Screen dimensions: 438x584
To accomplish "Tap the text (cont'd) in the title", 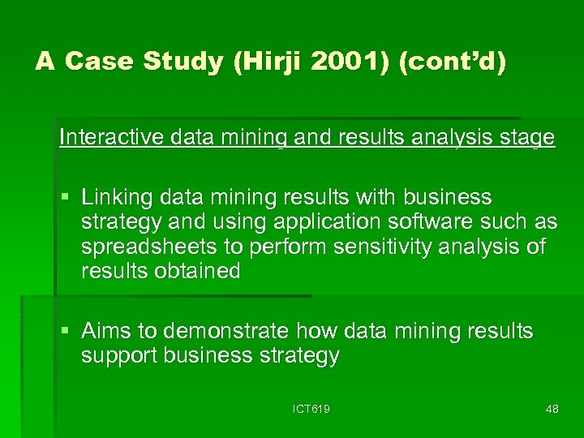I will [453, 62].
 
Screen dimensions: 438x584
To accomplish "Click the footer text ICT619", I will [311, 410].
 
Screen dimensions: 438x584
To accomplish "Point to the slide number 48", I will [552, 410].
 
